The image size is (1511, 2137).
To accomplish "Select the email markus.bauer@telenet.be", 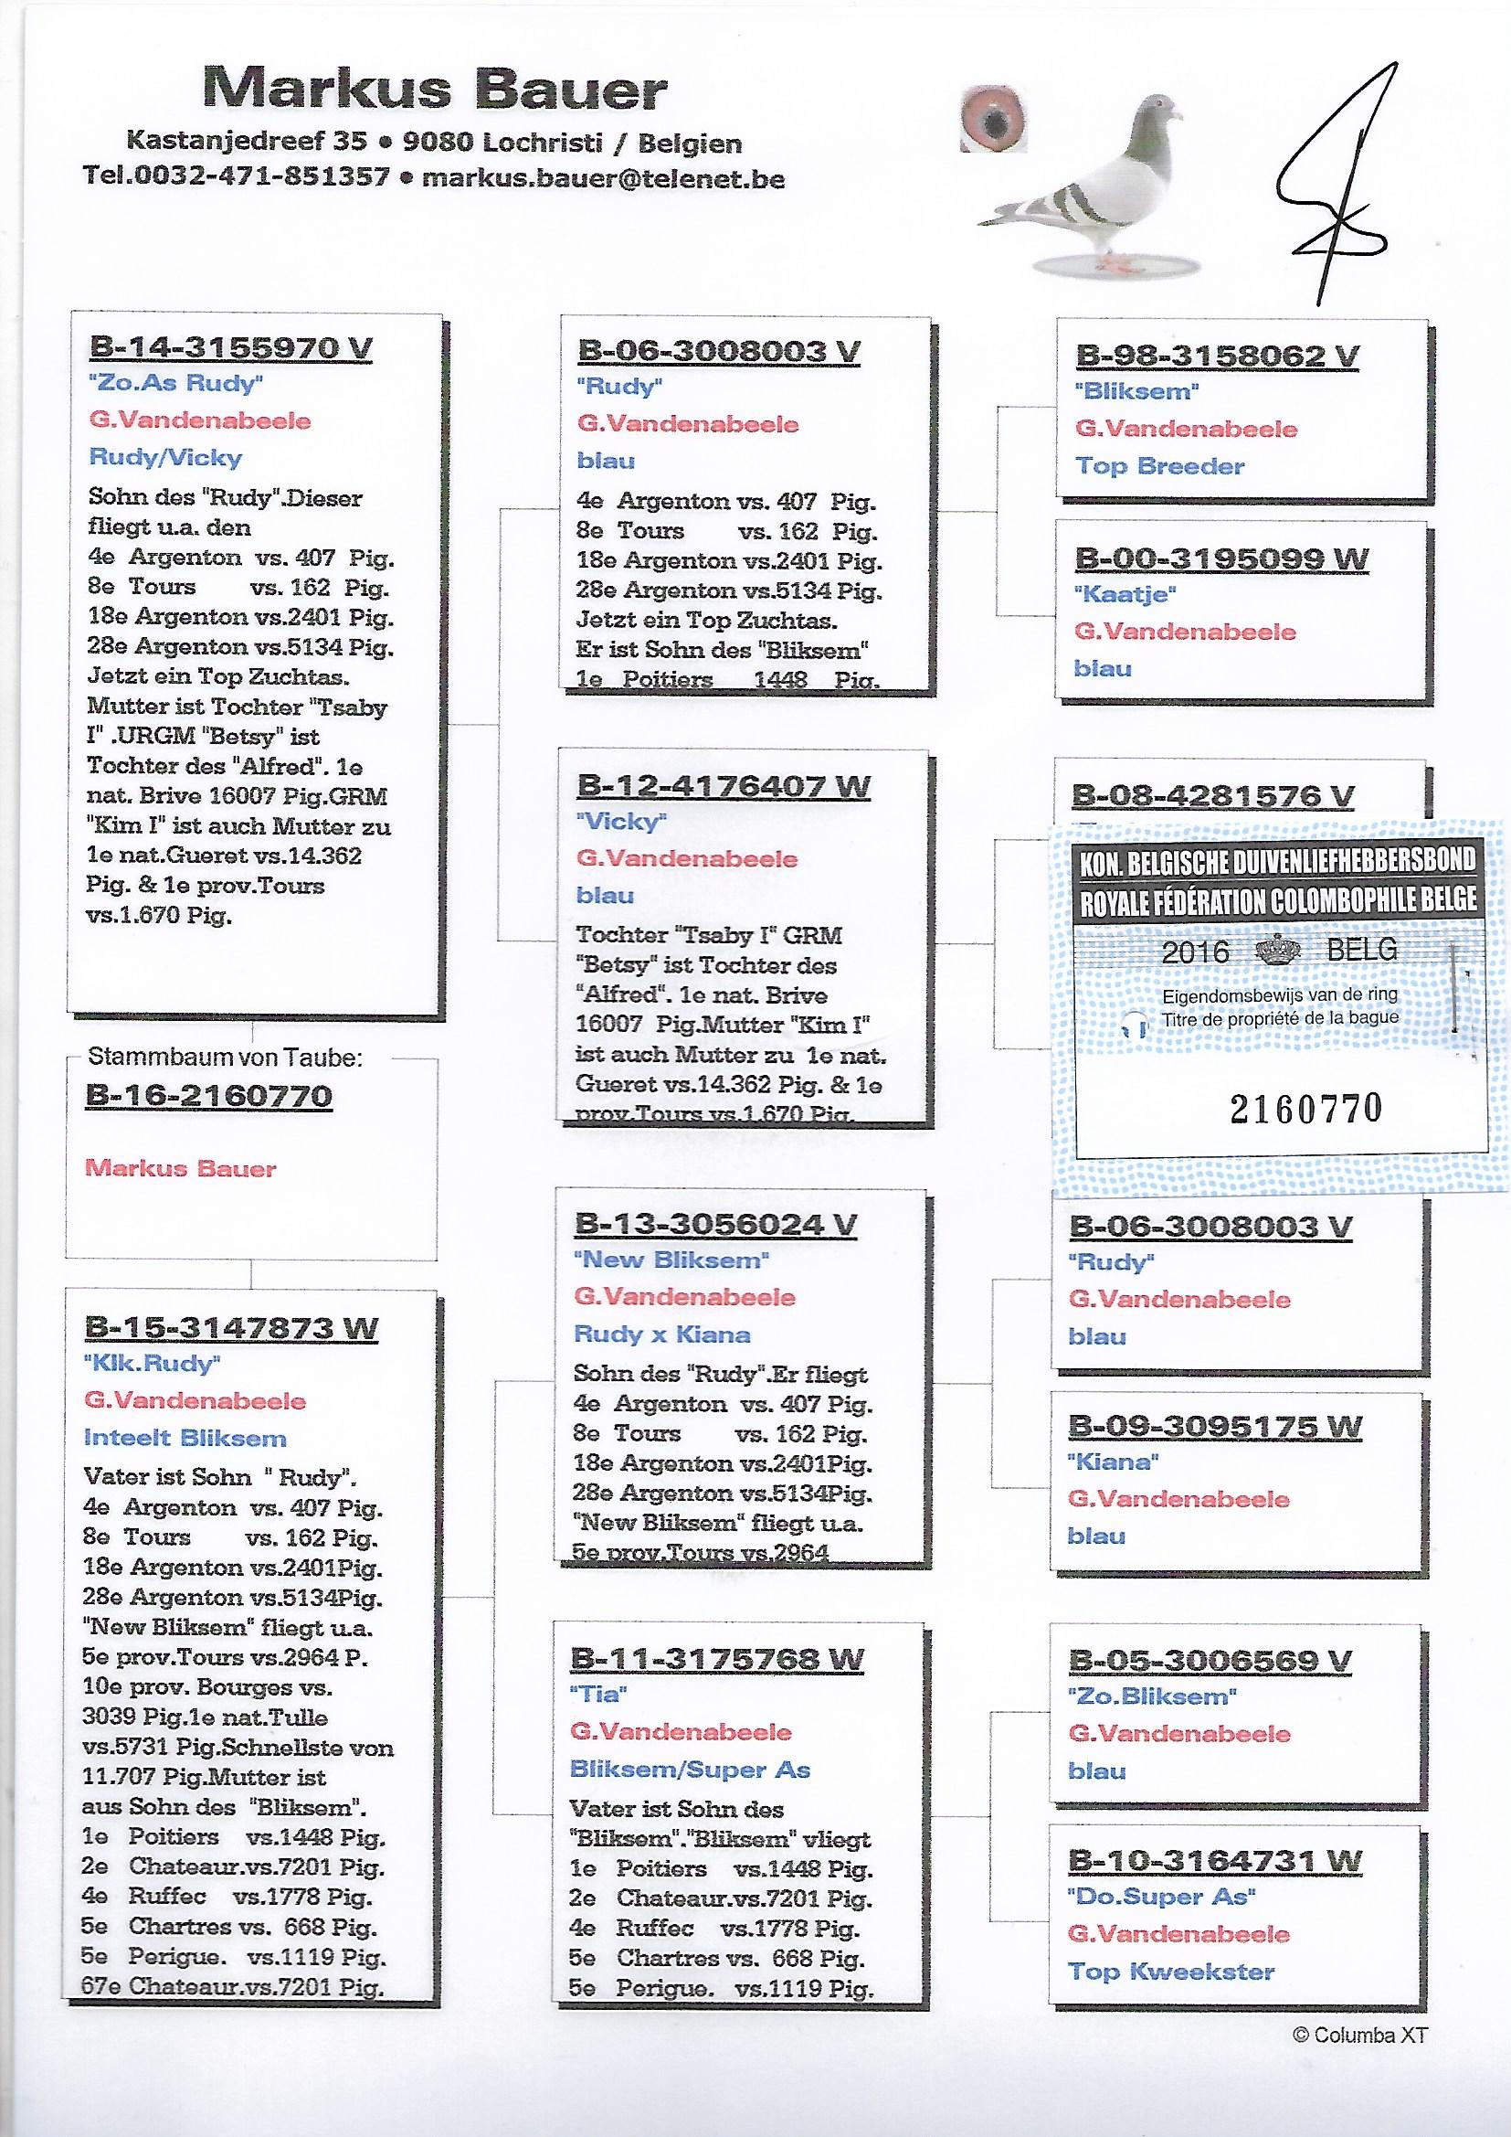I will click(x=603, y=177).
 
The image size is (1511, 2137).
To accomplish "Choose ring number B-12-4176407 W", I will click(x=723, y=785).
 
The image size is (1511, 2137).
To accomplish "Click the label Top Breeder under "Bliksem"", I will click(x=1159, y=466).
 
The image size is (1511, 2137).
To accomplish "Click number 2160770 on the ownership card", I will click(x=1305, y=1108).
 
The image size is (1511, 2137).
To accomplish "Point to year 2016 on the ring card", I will click(x=1196, y=952).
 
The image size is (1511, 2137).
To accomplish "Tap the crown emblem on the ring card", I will click(x=1279, y=951).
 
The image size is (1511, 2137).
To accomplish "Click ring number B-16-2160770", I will click(x=208, y=1096).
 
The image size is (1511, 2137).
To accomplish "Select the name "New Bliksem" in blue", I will click(x=671, y=1260).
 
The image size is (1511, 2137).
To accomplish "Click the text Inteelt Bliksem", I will click(x=185, y=1438).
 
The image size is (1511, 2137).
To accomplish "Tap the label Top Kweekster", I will click(x=1170, y=1972).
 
